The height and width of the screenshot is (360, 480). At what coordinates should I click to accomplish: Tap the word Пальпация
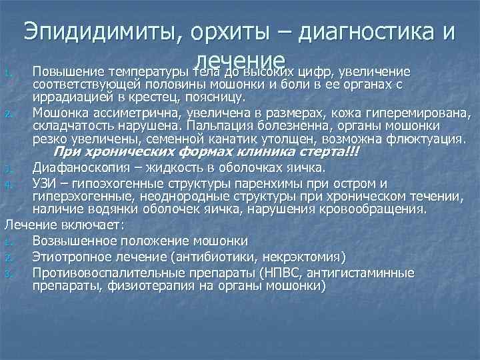coord(217,125)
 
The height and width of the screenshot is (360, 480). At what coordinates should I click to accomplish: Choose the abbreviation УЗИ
coord(46,183)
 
